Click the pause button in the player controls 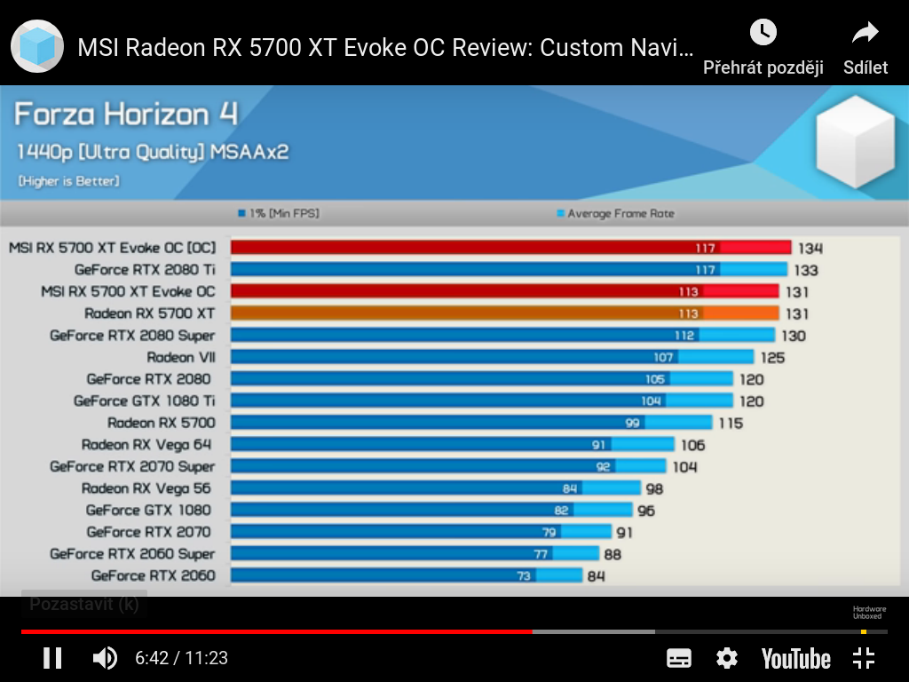(x=52, y=658)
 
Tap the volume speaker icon (x=105, y=658)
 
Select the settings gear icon (x=727, y=658)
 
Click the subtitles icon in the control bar (x=679, y=658)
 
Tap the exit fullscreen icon (x=863, y=658)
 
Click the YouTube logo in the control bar (x=795, y=659)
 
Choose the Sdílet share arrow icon (x=865, y=34)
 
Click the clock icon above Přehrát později (x=763, y=33)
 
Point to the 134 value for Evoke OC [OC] (x=810, y=248)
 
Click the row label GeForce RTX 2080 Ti (x=145, y=269)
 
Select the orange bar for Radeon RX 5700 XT (x=504, y=313)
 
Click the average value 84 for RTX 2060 (x=596, y=575)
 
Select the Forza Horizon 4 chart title (x=126, y=115)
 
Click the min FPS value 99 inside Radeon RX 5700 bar (x=632, y=423)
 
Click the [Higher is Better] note (x=68, y=181)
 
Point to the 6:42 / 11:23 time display (x=181, y=658)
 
